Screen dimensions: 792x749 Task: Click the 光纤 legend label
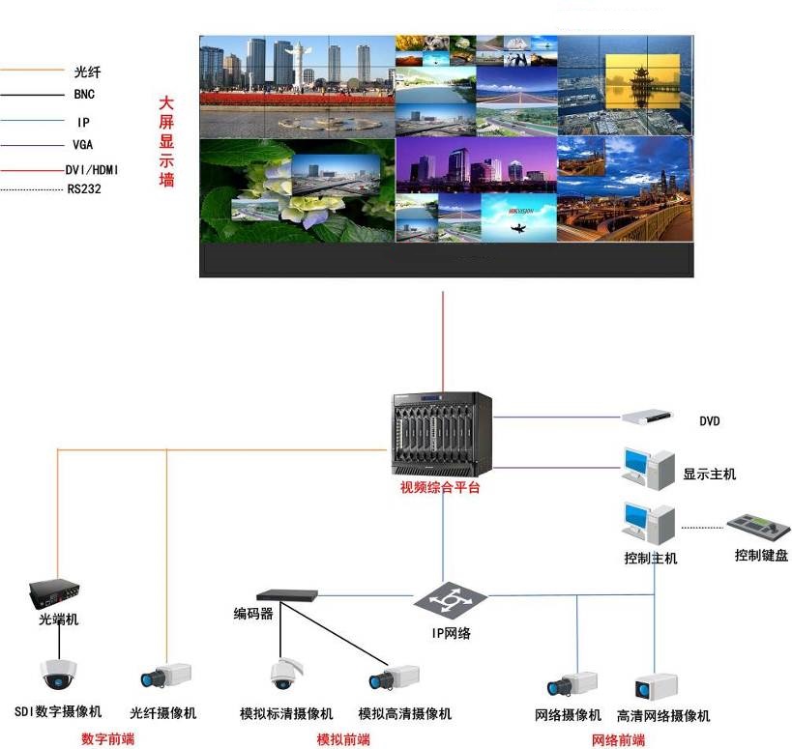(x=87, y=72)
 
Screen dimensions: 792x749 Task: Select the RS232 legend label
(x=84, y=189)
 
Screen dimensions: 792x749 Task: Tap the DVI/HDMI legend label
(x=92, y=169)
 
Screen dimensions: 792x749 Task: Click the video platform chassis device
(x=442, y=435)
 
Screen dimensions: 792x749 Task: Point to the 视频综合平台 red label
(x=440, y=487)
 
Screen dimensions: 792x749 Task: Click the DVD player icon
(x=647, y=417)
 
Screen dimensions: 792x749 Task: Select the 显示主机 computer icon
(x=649, y=469)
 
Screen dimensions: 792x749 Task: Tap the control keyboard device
(x=759, y=528)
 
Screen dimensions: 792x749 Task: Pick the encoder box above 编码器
(x=287, y=595)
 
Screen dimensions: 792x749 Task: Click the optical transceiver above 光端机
(x=54, y=594)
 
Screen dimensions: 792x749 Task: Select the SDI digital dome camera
(x=59, y=675)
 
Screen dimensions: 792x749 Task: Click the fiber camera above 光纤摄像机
(x=165, y=676)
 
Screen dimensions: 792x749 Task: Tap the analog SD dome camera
(x=285, y=674)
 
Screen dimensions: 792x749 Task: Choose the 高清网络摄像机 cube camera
(x=656, y=687)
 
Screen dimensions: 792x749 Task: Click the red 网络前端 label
(x=618, y=740)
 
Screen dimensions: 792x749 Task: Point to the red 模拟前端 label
(x=343, y=740)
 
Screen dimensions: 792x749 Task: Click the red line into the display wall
(x=443, y=342)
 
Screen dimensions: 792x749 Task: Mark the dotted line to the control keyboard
(x=703, y=528)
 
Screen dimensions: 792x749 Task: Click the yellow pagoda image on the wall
(x=642, y=82)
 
